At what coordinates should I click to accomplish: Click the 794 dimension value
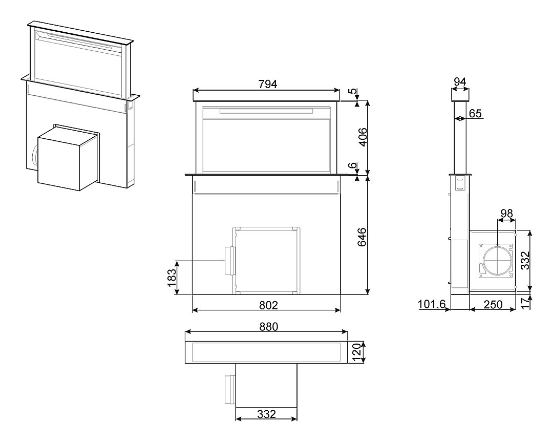268,85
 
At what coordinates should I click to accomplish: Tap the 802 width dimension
268,305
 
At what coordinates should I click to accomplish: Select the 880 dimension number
269,327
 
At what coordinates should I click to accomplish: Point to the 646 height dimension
362,237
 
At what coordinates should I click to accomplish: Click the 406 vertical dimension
362,137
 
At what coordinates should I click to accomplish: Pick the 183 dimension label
172,278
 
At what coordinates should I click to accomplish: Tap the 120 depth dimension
357,352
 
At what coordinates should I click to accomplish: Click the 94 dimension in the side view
460,82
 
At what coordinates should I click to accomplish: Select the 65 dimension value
475,114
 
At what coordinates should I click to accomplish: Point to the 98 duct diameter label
506,214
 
